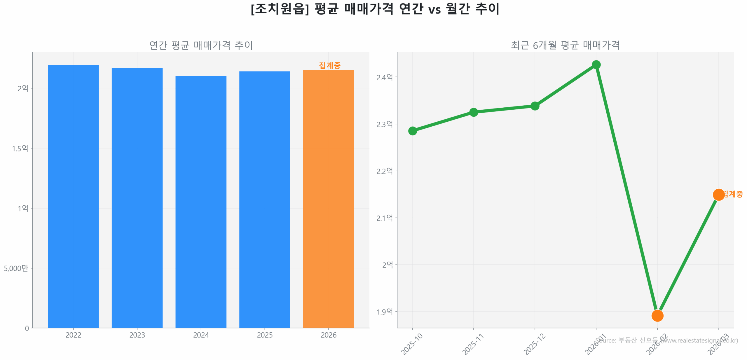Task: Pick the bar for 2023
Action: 137,198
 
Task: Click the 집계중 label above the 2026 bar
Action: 329,65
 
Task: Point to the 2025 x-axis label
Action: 264,335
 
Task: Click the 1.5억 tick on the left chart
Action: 20,148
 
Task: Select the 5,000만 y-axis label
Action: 16,268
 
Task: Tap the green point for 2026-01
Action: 596,65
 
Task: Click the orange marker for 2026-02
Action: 657,315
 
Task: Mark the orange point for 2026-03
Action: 718,195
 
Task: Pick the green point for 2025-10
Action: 412,131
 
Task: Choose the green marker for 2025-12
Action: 535,106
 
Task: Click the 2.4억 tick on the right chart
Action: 384,77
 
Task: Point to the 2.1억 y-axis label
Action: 384,218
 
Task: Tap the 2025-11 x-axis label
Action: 473,344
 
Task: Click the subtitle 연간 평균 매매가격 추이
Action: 201,45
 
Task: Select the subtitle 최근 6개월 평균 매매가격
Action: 565,45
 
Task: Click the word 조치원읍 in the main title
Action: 280,9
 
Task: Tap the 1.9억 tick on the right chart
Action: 384,312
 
